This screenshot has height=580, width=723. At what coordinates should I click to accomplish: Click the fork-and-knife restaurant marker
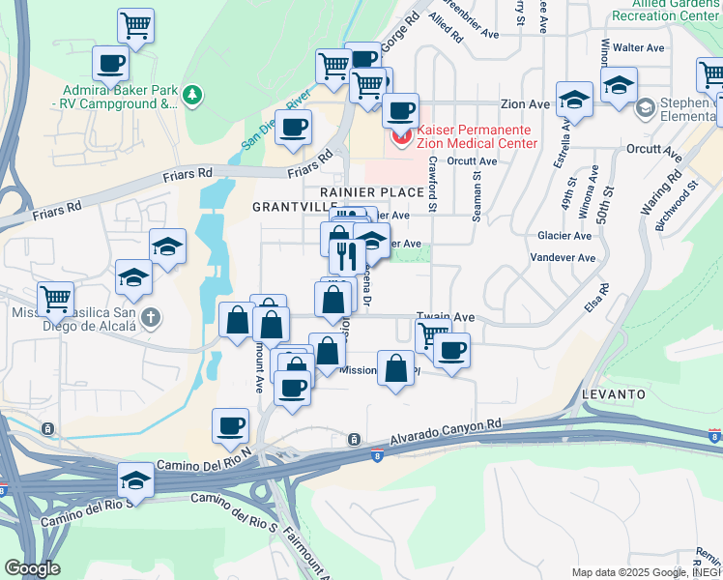[345, 254]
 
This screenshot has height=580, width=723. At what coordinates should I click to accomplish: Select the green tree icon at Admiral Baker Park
[194, 94]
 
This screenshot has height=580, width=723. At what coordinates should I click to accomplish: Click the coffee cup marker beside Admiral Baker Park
[110, 64]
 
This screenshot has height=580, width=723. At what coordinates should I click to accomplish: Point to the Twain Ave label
[446, 316]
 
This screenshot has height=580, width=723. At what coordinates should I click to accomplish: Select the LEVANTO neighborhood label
[614, 395]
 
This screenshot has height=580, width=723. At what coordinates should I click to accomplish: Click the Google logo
[32, 568]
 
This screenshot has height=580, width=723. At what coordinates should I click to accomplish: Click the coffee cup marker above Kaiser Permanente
[400, 110]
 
